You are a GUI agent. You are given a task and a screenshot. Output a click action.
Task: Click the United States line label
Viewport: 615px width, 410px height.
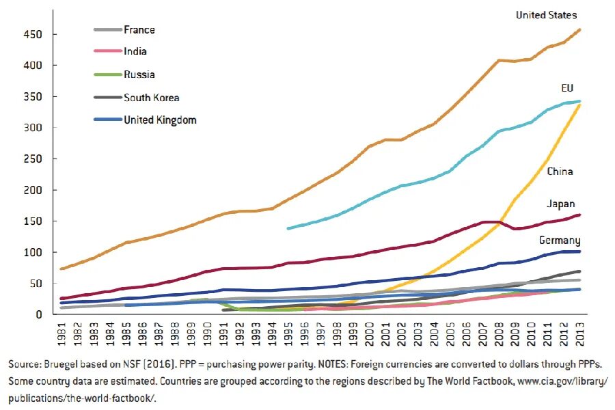pyautogui.click(x=547, y=15)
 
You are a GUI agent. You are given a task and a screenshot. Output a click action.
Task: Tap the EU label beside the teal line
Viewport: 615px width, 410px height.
pyautogui.click(x=567, y=88)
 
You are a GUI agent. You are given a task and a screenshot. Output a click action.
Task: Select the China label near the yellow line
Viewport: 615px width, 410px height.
pyautogui.click(x=560, y=172)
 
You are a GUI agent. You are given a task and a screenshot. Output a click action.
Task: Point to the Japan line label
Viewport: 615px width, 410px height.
pyautogui.click(x=561, y=204)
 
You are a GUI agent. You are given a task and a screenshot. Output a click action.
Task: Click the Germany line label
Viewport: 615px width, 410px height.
pyautogui.click(x=560, y=241)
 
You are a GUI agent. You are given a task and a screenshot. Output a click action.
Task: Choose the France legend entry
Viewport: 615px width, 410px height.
pyautogui.click(x=139, y=29)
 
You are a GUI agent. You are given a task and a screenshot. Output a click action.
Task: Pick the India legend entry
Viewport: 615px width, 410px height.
pyautogui.click(x=135, y=51)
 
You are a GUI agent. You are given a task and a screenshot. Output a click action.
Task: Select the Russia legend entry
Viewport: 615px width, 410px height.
pyautogui.click(x=139, y=74)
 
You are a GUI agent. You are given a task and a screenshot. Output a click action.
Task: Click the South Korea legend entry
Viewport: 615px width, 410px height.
pyautogui.click(x=152, y=98)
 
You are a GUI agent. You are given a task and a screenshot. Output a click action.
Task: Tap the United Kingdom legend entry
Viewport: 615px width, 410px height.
pyautogui.click(x=160, y=120)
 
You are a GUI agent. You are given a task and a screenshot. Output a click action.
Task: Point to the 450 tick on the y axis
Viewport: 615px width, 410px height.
pyautogui.click(x=33, y=35)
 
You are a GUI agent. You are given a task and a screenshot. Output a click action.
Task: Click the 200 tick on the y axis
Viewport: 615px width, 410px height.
pyautogui.click(x=33, y=191)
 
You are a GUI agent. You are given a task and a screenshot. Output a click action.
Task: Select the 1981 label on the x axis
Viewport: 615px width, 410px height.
pyautogui.click(x=62, y=333)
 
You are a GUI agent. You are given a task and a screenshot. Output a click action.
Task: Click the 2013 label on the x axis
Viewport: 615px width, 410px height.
pyautogui.click(x=579, y=333)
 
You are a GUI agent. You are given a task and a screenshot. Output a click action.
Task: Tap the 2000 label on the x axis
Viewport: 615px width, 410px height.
pyautogui.click(x=369, y=333)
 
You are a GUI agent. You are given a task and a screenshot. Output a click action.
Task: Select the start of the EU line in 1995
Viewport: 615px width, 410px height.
pyautogui.click(x=288, y=228)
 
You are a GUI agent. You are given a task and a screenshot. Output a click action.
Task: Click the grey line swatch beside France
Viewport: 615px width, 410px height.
pyautogui.click(x=107, y=29)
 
